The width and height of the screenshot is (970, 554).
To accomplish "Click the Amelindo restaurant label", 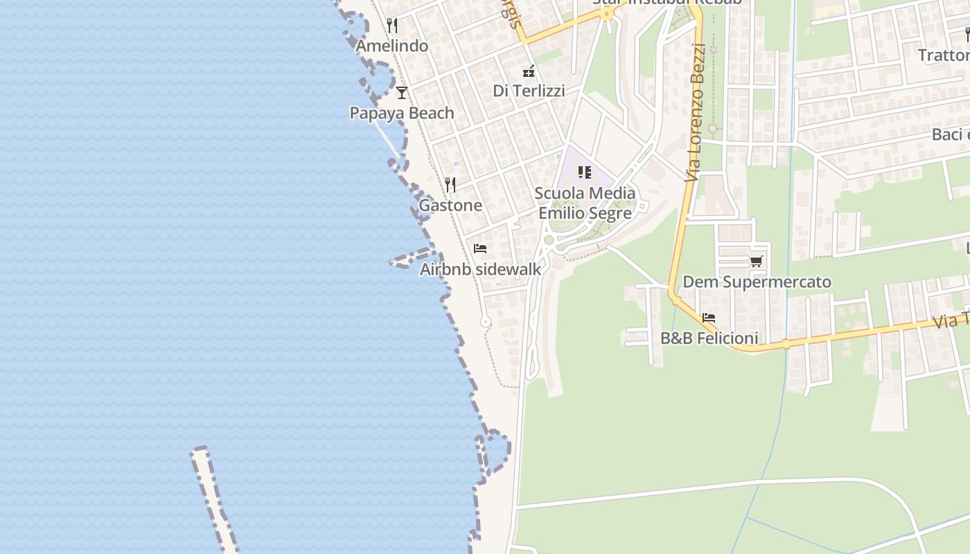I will (392, 46).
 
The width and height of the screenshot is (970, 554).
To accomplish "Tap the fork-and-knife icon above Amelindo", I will (392, 26).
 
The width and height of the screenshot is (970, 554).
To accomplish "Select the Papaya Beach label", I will (402, 113).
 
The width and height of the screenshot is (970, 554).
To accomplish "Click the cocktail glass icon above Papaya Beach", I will (401, 92).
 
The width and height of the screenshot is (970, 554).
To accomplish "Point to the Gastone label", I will (450, 205).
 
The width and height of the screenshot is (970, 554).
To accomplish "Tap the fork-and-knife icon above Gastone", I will (450, 184).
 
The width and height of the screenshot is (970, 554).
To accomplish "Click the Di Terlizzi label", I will (529, 91).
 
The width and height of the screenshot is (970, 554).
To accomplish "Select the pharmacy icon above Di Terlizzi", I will (529, 71).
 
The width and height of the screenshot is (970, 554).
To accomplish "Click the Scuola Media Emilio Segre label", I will (585, 203).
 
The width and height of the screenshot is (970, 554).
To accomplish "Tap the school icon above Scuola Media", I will (585, 172).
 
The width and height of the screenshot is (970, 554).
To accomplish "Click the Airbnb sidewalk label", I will (480, 269).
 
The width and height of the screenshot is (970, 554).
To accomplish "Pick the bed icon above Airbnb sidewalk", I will (480, 249).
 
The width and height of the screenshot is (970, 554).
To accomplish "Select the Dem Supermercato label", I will (757, 282).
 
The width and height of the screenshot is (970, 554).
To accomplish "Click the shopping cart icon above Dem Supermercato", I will (756, 261).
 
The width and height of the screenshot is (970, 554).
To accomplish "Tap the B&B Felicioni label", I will (709, 339).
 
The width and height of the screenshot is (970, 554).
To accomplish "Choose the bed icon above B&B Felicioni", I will (709, 318).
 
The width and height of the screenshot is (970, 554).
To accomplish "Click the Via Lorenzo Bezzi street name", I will (695, 112).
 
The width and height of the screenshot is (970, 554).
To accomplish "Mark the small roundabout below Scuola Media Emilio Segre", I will (549, 240).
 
